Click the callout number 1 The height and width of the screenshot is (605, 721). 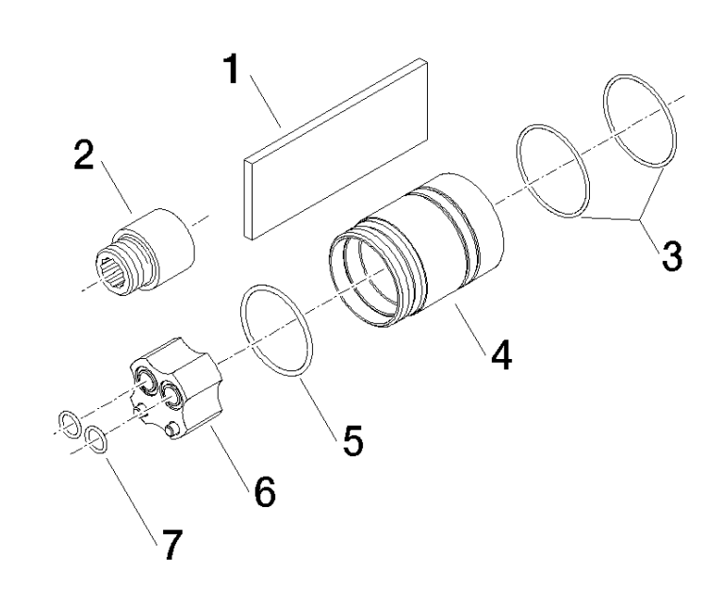point(233,69)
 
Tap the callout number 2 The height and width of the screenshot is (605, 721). point(84,155)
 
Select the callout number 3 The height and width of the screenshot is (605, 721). point(672,256)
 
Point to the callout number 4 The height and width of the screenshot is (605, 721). point(500,354)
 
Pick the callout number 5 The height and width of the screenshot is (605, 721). point(352,441)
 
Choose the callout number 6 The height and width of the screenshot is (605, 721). point(265,492)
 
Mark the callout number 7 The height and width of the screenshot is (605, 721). point(171,545)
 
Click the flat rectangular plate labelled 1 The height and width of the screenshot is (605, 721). point(336,149)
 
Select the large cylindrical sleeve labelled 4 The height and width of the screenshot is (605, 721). point(417,251)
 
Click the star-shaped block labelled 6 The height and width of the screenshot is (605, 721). point(177,389)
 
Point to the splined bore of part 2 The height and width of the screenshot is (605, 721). point(114,272)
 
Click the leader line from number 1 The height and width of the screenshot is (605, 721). point(266,101)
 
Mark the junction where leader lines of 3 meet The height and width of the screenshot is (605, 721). point(640,221)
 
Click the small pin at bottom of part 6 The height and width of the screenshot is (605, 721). point(172,430)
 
